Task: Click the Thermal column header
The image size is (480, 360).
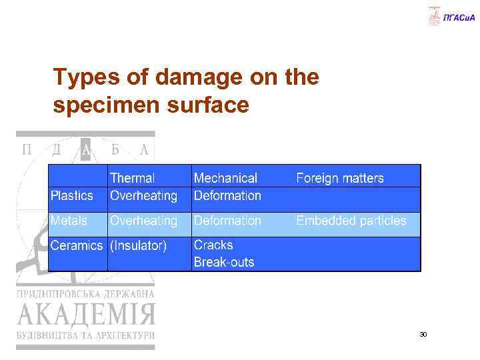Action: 132,178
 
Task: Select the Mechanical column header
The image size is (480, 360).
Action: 225,178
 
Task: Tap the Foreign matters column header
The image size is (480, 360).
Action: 340,178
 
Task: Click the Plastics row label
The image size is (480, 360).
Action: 72,196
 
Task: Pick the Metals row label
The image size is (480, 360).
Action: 69,221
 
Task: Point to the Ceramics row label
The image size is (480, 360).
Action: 77,246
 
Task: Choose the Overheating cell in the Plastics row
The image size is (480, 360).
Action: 144,196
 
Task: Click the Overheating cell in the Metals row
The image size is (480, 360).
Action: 144,221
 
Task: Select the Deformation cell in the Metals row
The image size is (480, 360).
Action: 227,221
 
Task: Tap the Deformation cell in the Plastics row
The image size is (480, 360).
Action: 227,196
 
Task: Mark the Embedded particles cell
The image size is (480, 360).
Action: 351,221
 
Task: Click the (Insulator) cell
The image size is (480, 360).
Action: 138,246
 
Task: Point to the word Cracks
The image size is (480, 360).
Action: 213,245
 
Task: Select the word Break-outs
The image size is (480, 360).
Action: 224,262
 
